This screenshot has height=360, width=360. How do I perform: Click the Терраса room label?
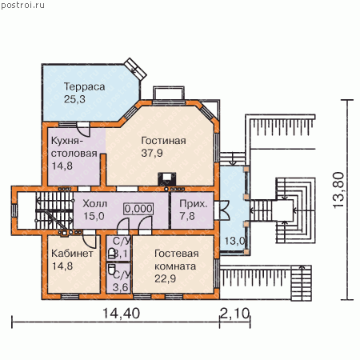tap(84, 87)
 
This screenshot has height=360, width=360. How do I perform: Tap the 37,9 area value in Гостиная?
tap(152, 153)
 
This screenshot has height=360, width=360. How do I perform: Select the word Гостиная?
tap(163, 141)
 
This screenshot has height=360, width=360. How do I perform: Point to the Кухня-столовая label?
tap(74, 147)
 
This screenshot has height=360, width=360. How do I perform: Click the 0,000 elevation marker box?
tap(138, 209)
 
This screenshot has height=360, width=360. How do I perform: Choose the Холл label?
tap(94, 204)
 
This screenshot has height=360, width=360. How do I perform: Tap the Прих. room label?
tap(193, 204)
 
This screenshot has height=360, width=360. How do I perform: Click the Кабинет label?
tap(72, 254)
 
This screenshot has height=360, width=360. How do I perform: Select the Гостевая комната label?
tap(177, 260)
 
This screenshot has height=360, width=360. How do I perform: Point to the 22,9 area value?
tap(165, 278)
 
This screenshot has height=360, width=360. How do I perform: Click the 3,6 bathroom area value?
tap(120, 287)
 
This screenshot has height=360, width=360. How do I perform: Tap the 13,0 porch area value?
tap(234, 241)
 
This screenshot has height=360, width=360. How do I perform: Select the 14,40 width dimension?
tap(121, 313)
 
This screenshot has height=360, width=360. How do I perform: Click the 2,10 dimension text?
tap(234, 313)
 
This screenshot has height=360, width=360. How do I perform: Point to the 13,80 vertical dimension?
tap(338, 190)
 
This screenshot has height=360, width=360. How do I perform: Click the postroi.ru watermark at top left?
tap(23, 6)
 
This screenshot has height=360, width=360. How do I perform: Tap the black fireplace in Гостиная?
tap(167, 179)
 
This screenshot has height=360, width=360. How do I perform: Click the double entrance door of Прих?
tap(222, 210)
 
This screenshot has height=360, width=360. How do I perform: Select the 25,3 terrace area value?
tap(74, 99)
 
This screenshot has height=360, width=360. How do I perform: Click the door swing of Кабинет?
tap(89, 241)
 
